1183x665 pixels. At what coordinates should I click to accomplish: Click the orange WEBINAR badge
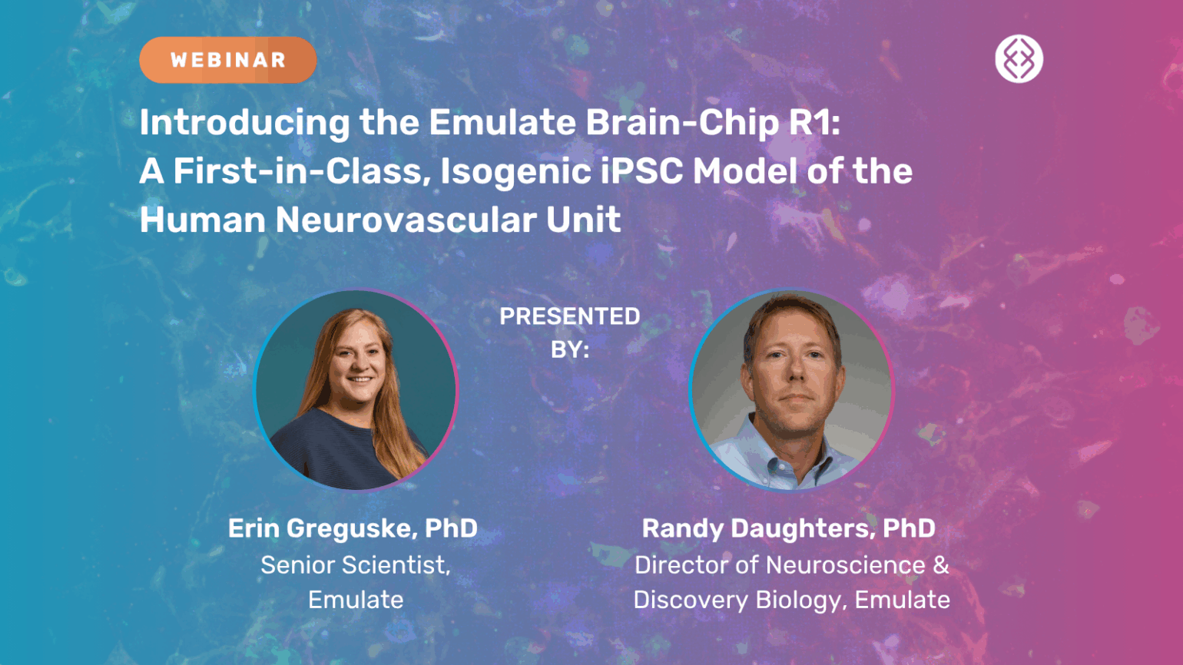click(227, 60)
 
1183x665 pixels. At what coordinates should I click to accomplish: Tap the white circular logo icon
click(1019, 58)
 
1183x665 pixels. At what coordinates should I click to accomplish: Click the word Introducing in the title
click(244, 123)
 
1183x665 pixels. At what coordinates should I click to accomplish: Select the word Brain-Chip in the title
click(682, 123)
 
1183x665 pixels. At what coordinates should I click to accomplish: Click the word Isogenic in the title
click(515, 172)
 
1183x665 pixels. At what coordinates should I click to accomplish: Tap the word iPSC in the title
click(641, 171)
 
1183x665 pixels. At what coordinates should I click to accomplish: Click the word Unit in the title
click(583, 220)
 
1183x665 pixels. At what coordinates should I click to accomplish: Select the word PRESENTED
click(570, 316)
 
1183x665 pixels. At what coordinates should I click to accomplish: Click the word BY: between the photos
click(570, 350)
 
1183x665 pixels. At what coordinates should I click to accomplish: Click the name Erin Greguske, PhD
click(353, 528)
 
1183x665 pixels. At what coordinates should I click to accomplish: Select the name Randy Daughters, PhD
click(788, 528)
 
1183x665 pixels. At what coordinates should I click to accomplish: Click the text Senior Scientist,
click(356, 565)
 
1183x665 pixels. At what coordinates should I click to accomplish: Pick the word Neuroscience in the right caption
click(846, 564)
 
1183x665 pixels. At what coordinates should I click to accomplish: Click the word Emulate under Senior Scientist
click(356, 600)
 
